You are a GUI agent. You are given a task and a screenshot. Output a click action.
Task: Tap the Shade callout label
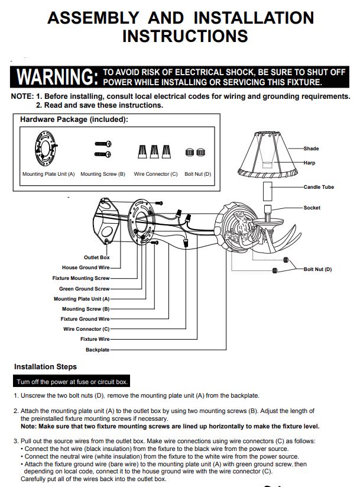[x=311, y=149]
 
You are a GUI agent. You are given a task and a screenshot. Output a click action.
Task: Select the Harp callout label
[x=309, y=163]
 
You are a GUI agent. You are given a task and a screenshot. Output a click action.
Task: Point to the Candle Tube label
[x=319, y=187]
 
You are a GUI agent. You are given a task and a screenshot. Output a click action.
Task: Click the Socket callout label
[x=312, y=208]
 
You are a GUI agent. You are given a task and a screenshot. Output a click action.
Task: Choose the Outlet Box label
[x=96, y=257]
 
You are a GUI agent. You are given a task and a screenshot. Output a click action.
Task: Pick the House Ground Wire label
[x=86, y=267]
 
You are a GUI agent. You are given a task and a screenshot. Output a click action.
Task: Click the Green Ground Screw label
[x=85, y=289]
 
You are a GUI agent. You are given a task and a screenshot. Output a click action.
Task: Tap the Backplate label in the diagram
[x=98, y=350]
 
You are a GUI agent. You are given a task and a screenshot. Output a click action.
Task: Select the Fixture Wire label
[x=95, y=339]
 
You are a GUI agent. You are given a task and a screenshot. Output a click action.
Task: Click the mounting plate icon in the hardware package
[x=46, y=149]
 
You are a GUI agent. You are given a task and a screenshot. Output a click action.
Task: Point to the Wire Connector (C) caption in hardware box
[x=155, y=174]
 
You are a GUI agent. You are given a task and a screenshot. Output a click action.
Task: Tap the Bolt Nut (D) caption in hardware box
[x=197, y=174]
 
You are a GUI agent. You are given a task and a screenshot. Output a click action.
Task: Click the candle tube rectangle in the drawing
[x=268, y=191]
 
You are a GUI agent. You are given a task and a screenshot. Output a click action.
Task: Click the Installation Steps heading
[x=46, y=366]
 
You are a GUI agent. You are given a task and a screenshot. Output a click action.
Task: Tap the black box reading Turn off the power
[x=72, y=382]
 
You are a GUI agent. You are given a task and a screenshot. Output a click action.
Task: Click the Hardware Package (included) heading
[x=74, y=120]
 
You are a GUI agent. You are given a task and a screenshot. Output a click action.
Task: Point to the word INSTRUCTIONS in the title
[x=185, y=36]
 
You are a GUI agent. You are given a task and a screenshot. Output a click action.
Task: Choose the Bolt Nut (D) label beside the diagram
[x=317, y=269]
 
